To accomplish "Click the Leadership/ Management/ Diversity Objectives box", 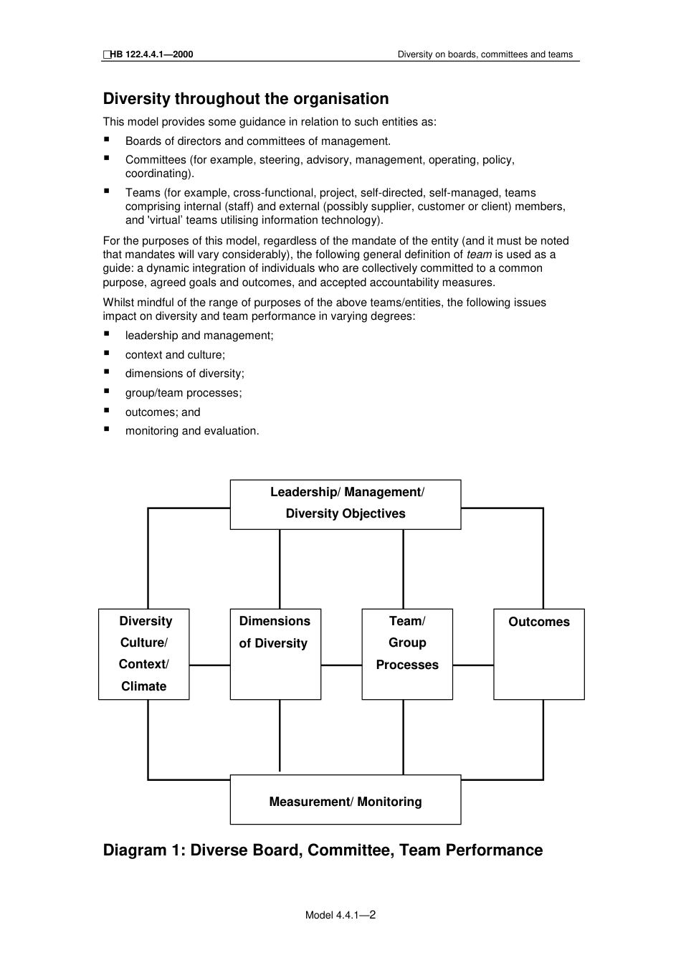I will tap(345, 504).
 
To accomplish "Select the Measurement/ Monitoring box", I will tap(345, 800).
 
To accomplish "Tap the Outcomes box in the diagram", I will tap(538, 653).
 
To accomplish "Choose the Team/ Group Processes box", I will tap(406, 653).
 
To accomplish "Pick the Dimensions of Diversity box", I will tap(275, 653).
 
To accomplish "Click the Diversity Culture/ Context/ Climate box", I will tap(143, 653).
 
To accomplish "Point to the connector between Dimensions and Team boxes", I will tap(341, 665).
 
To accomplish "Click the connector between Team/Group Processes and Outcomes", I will tap(473, 665).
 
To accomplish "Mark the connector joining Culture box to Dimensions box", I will tap(209, 665).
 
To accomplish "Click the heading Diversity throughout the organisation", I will tap(246, 99).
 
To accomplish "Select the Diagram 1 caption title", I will tap(323, 850).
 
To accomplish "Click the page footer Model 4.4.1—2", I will tap(340, 915).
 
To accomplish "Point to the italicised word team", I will tap(479, 255).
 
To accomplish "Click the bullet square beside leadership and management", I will tap(107, 333).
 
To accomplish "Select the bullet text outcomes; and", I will tap(163, 412).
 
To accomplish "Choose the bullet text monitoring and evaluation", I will tap(192, 431).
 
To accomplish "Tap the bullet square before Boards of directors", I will tap(107, 140).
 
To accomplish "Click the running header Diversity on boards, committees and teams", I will tap(485, 54).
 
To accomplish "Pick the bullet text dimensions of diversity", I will tap(184, 374).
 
